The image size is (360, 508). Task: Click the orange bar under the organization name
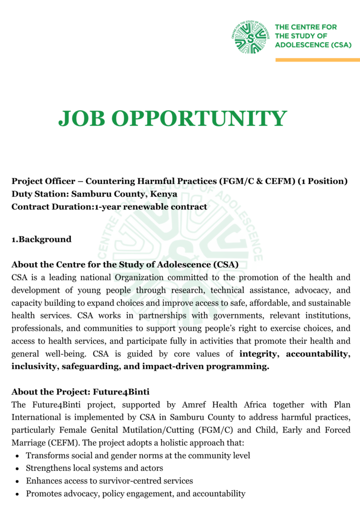[317, 60]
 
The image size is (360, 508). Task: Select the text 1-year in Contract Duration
[107, 206]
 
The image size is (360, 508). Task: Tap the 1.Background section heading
[42, 239]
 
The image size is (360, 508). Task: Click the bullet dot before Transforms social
[17, 455]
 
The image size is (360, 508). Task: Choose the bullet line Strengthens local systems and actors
[94, 468]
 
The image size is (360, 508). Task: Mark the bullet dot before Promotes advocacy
[17, 493]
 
